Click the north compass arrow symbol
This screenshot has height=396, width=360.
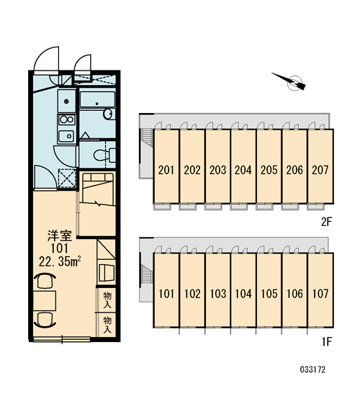pyautogui.click(x=291, y=81)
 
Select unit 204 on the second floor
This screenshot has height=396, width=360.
pyautogui.click(x=243, y=166)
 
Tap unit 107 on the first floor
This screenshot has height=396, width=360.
pyautogui.click(x=320, y=290)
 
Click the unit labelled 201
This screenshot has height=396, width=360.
pyautogui.click(x=166, y=166)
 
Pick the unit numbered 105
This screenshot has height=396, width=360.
pyautogui.click(x=269, y=290)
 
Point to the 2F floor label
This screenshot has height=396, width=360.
pyautogui.click(x=326, y=222)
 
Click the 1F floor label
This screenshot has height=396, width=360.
pyautogui.click(x=326, y=342)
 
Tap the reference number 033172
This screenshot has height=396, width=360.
pyautogui.click(x=312, y=370)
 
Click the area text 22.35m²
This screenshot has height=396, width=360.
pyautogui.click(x=60, y=261)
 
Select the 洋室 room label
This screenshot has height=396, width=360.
pyautogui.click(x=60, y=236)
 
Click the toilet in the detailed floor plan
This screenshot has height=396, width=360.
pyautogui.click(x=104, y=155)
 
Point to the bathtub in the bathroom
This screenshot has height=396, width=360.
pyautogui.click(x=97, y=100)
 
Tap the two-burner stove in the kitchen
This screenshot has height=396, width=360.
pyautogui.click(x=67, y=120)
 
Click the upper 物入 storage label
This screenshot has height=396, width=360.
pyautogui.click(x=107, y=300)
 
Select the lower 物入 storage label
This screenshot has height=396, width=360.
pyautogui.click(x=107, y=325)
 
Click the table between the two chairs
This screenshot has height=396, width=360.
pyautogui.click(x=45, y=300)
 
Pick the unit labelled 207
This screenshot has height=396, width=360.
pyautogui.click(x=320, y=166)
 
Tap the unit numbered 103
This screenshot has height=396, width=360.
pyautogui.click(x=217, y=290)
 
